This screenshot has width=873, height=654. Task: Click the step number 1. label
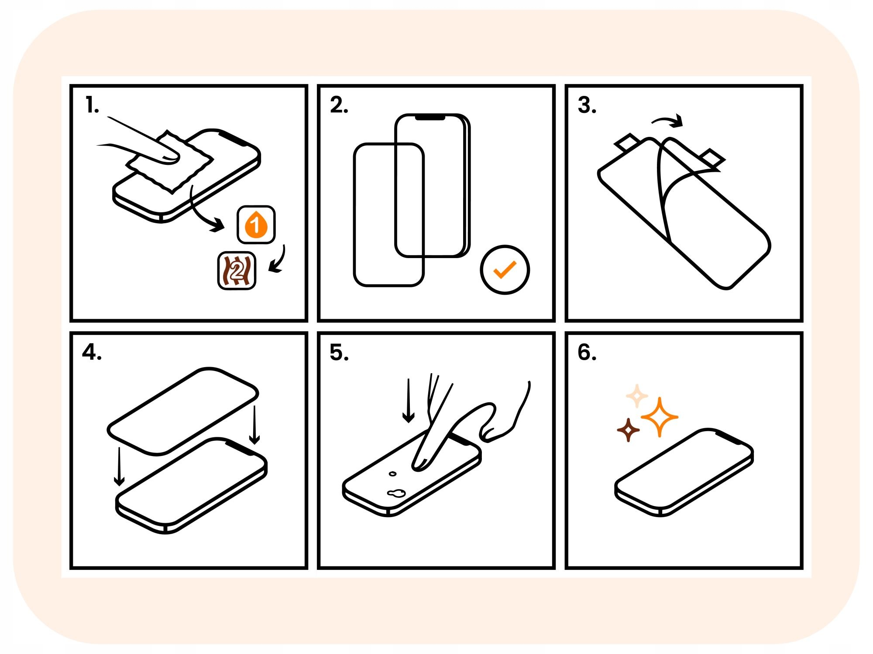tap(92, 106)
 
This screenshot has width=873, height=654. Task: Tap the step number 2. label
tap(339, 106)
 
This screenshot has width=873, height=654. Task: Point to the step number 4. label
tap(92, 352)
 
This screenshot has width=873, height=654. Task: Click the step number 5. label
tap(339, 352)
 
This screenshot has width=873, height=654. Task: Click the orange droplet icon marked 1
tap(256, 225)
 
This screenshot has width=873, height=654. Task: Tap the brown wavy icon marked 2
tap(237, 271)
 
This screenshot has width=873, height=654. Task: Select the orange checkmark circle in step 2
tap(505, 270)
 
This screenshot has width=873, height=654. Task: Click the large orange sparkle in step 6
tap(660, 417)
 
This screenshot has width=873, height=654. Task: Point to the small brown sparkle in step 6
tap(629, 430)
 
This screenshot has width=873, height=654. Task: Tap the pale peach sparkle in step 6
tap(637, 396)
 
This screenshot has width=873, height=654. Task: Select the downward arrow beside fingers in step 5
tap(408, 401)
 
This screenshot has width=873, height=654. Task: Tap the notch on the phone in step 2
tap(430, 118)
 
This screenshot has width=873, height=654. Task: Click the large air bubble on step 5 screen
tap(396, 493)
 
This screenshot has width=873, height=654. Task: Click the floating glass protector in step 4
tap(183, 410)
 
